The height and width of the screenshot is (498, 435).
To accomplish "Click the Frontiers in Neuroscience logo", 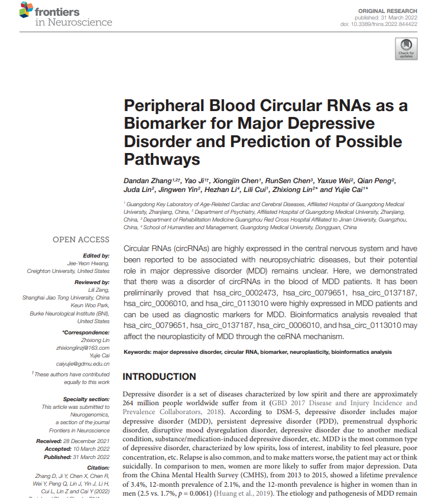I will coord(65,16).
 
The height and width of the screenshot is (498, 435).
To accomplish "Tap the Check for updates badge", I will coord(406,49).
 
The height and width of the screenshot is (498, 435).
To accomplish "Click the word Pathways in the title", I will coord(162,159).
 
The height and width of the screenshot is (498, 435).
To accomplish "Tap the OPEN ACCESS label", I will coord(81,239).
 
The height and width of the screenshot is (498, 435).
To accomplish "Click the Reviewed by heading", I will coord(93,284).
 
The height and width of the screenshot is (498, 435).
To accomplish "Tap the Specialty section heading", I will coord(86,399).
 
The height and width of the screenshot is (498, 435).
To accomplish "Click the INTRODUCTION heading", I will coord(159,376).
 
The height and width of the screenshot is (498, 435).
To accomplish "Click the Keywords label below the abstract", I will coord(137,352).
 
